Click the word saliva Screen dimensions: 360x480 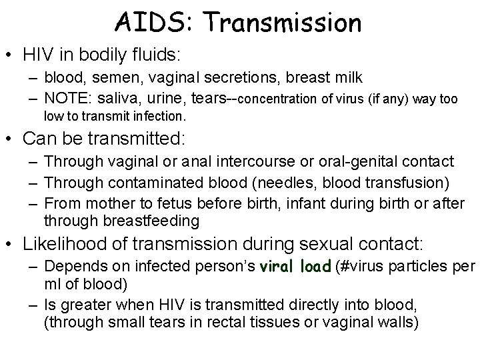[118, 99]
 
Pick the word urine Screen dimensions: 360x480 [165, 99]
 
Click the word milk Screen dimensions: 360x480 [346, 78]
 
